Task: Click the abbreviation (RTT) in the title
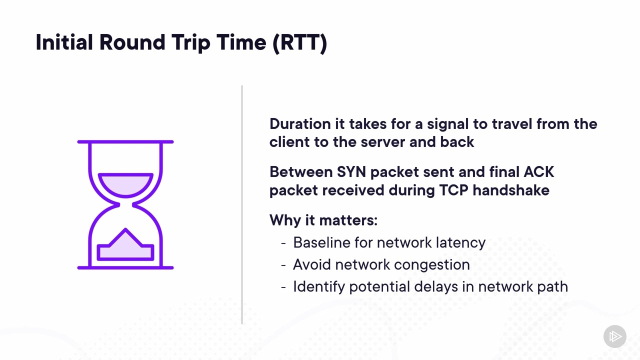coord(299,43)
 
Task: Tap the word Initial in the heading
coord(64,42)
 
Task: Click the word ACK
coord(539,172)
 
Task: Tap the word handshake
coord(511,190)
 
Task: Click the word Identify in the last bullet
coord(319,287)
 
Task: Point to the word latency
coord(460,243)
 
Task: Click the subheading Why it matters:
coord(323,220)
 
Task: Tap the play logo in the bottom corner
coord(615,336)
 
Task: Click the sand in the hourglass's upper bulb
coord(125,185)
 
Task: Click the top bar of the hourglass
coord(125,141)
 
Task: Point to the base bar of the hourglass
coord(125,267)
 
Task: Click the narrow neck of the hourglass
coord(125,204)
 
